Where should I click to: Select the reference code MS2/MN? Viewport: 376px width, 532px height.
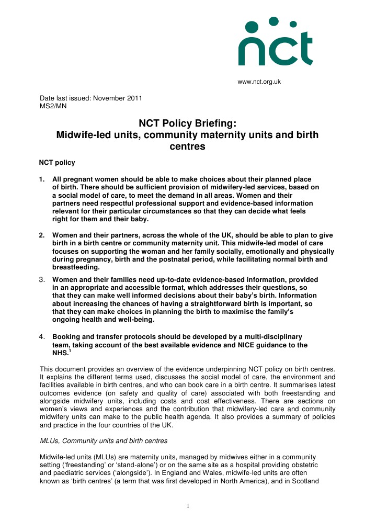(x=53, y=106)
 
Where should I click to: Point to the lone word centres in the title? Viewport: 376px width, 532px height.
(x=187, y=147)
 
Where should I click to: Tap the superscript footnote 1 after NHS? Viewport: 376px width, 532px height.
(x=69, y=351)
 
